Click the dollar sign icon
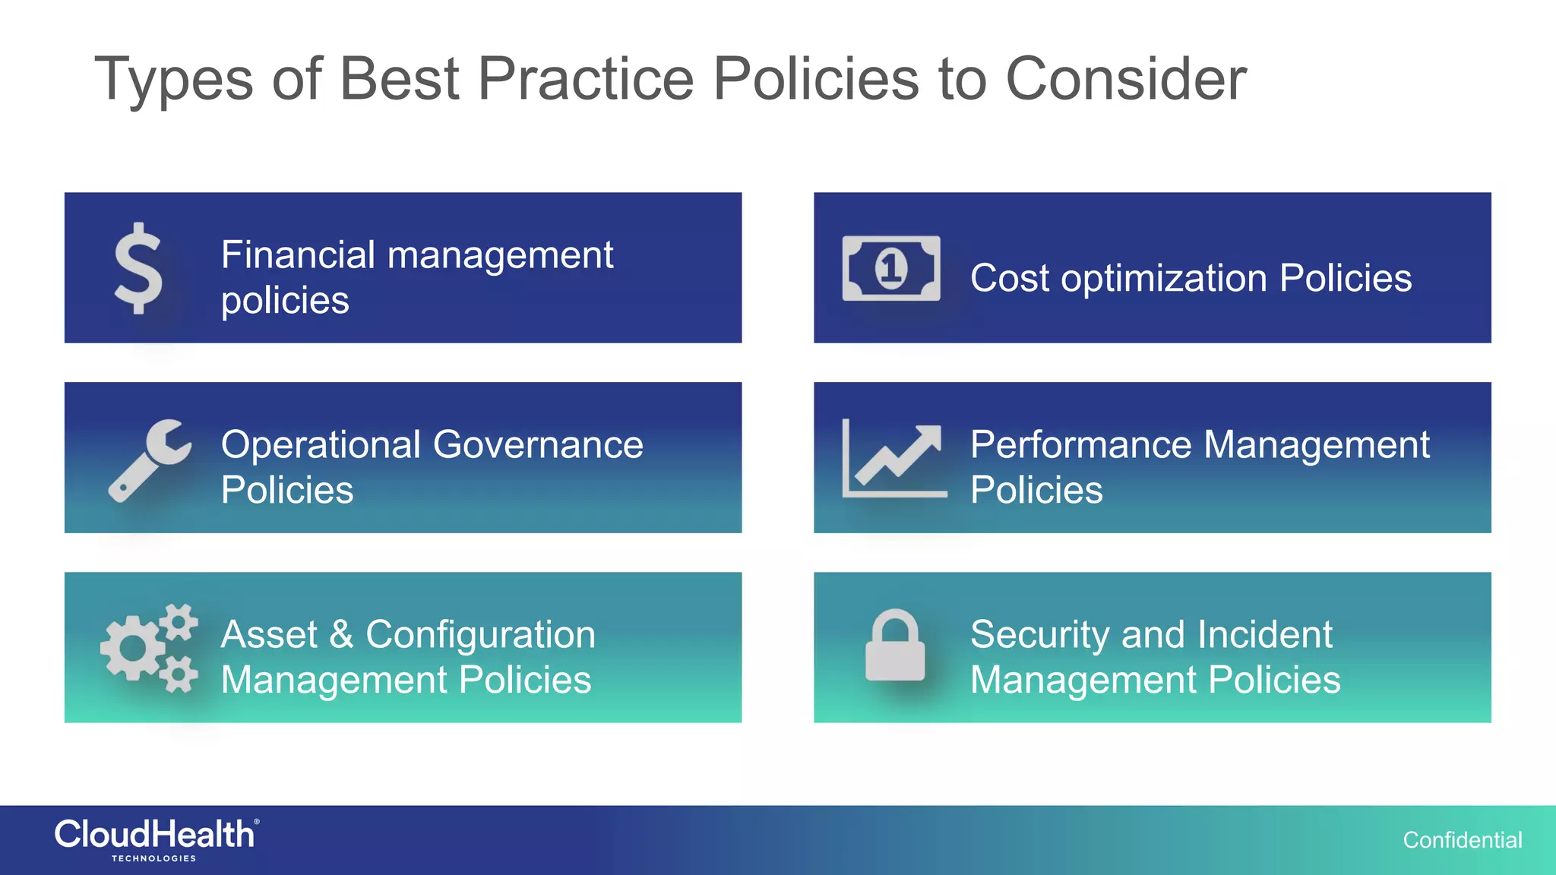138,267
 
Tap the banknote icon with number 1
890,268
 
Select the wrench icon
150,460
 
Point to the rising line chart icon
894,460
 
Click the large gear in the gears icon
132,649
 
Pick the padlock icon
895,646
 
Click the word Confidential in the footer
1462,840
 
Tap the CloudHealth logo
156,835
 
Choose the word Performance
1081,444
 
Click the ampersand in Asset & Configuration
341,634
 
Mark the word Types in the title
173,80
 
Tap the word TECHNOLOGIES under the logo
153,858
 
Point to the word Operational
321,444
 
